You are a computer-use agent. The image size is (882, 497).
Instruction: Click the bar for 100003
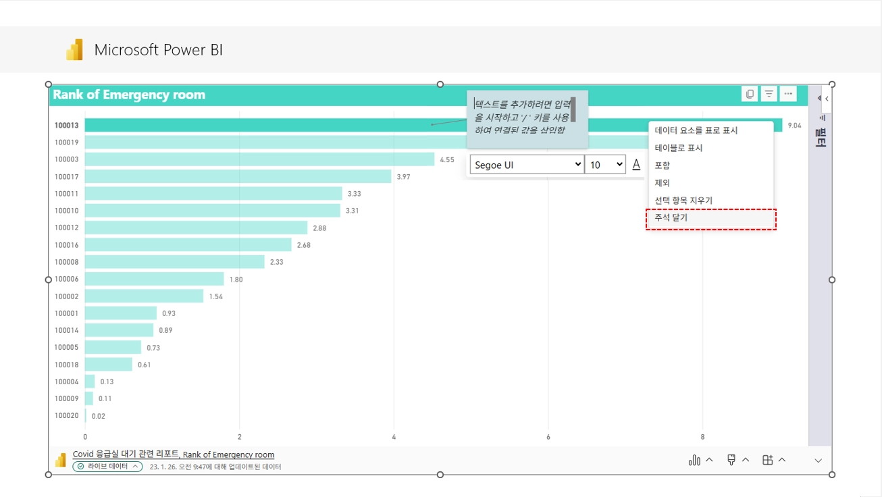tap(259, 159)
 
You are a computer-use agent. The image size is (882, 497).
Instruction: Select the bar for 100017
tap(238, 176)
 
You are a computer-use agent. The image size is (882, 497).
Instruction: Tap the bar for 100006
tap(154, 279)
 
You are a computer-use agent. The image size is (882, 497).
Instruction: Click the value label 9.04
tap(794, 125)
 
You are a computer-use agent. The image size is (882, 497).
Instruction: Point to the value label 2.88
tap(319, 228)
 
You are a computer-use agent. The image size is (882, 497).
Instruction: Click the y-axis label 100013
tap(67, 125)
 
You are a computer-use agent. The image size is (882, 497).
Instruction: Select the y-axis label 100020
tap(67, 416)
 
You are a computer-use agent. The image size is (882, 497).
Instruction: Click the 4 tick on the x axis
tap(394, 437)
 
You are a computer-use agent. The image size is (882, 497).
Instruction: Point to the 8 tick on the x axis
tap(703, 437)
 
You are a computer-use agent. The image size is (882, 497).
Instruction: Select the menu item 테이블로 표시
tap(679, 148)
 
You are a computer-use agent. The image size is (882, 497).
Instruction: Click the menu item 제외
tap(663, 183)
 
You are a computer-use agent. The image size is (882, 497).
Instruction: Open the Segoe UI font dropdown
tap(527, 165)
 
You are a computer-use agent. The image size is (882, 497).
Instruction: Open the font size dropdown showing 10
tap(605, 165)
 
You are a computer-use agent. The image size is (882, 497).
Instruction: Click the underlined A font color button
tap(636, 165)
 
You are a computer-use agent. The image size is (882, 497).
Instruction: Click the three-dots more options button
tap(788, 94)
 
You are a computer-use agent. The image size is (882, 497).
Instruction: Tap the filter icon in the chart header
tap(769, 94)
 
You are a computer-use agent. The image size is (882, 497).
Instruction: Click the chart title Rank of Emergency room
tap(129, 95)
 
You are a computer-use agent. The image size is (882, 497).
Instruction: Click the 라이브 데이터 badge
tap(108, 467)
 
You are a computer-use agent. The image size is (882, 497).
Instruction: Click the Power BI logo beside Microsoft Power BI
tap(74, 50)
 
